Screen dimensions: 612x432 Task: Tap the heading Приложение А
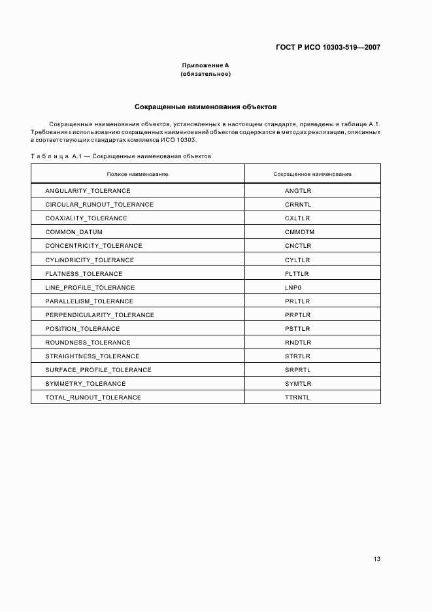tap(205, 65)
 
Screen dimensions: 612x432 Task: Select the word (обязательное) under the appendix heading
tap(205, 74)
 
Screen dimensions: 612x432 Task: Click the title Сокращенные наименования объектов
tap(205, 105)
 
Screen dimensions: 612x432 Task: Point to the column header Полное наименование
tap(137, 174)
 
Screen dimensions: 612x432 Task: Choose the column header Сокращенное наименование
tap(312, 174)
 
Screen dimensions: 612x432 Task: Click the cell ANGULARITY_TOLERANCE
tap(88, 191)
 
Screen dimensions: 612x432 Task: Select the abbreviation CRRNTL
tap(298, 205)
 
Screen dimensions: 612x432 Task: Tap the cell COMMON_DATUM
tap(74, 232)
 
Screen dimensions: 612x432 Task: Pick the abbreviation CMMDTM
tap(299, 232)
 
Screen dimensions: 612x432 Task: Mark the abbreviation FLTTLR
tap(297, 273)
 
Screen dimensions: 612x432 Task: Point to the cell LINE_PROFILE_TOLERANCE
tap(90, 288)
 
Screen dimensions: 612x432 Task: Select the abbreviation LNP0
tap(293, 288)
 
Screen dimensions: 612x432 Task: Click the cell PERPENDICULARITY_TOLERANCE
tap(99, 315)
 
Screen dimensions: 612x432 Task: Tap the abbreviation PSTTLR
tap(297, 329)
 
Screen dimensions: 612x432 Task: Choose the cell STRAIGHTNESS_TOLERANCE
tap(92, 356)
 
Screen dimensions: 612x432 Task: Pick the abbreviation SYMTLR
tap(298, 384)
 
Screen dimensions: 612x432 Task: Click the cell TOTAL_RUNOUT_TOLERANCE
tap(93, 398)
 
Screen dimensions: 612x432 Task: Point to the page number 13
tap(376, 559)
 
